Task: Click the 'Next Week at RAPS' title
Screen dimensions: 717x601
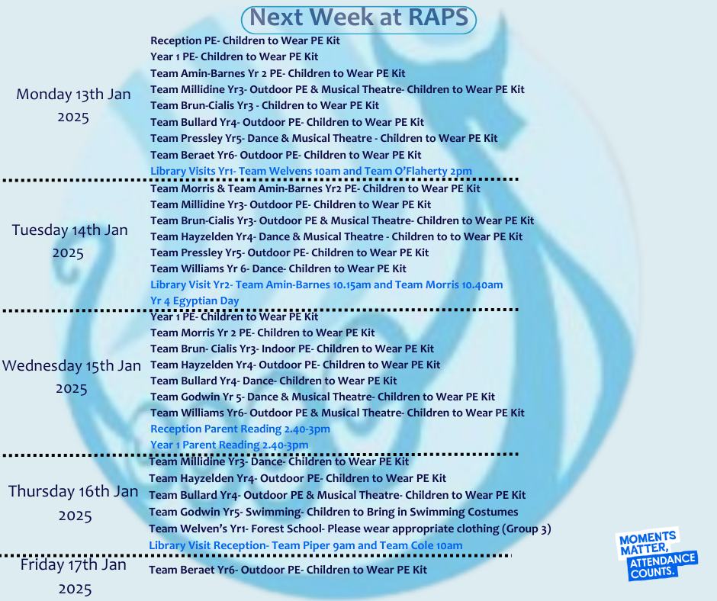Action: click(x=359, y=18)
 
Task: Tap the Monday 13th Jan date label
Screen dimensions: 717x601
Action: click(x=73, y=105)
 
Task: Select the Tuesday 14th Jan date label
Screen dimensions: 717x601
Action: click(x=69, y=241)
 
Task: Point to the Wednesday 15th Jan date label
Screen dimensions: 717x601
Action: click(x=72, y=377)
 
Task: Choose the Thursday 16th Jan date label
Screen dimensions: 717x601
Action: click(x=74, y=503)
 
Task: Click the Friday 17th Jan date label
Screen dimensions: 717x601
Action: click(x=74, y=577)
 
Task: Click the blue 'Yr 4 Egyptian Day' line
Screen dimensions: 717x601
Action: click(x=195, y=301)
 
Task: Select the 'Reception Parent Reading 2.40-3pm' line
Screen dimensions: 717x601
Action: click(x=240, y=429)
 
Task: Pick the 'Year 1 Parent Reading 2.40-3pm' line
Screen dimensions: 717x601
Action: click(x=230, y=445)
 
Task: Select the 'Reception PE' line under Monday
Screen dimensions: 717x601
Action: click(x=245, y=40)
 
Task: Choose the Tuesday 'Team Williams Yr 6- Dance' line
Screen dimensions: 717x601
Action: click(x=278, y=268)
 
